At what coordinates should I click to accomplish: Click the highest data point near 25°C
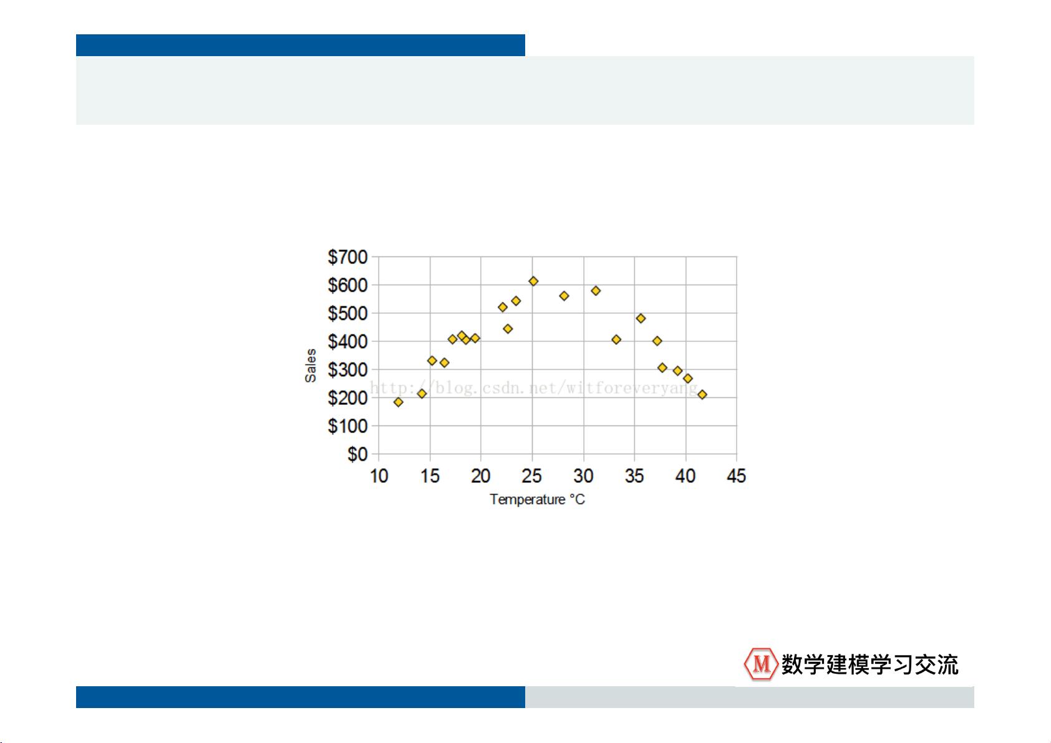click(533, 281)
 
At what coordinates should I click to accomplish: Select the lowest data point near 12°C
click(399, 402)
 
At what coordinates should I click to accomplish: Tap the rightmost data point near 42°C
click(702, 395)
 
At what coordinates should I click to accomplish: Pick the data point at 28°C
click(564, 296)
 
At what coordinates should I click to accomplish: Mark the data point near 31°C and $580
click(596, 291)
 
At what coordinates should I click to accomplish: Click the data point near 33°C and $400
click(616, 339)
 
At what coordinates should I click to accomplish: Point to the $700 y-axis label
click(347, 257)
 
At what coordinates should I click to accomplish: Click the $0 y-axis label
click(357, 454)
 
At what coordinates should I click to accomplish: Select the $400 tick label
click(347, 342)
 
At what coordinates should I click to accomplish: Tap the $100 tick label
click(347, 426)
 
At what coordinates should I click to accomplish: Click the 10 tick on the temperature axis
click(379, 476)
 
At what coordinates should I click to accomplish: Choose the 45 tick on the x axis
click(736, 476)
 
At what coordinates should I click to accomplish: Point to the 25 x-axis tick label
click(532, 476)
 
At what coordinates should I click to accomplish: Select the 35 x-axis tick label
click(634, 476)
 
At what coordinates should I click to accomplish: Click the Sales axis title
click(311, 366)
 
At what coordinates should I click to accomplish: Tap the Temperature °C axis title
click(537, 500)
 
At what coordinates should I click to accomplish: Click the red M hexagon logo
click(761, 664)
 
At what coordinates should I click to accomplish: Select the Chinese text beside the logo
click(870, 664)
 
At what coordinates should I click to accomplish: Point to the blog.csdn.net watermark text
click(534, 388)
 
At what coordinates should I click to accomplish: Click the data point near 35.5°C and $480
click(641, 318)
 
